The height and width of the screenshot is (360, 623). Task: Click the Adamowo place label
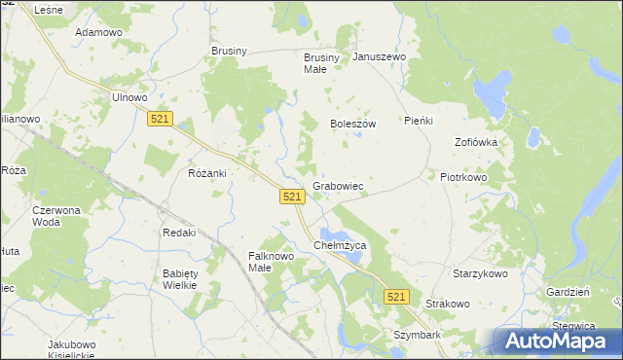[x=98, y=32]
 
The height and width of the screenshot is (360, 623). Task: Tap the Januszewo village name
[x=380, y=57]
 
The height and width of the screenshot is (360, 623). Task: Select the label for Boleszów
[x=352, y=125]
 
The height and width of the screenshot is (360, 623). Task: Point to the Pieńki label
[x=418, y=122]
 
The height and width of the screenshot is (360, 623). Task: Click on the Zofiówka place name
[x=476, y=142]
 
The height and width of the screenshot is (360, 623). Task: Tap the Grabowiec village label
[x=338, y=185]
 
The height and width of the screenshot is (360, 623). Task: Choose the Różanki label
[x=206, y=173]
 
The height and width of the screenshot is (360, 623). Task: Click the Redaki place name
[x=179, y=233]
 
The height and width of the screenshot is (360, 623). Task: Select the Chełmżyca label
[x=340, y=246]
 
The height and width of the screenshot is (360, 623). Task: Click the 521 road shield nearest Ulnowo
[x=162, y=119]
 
